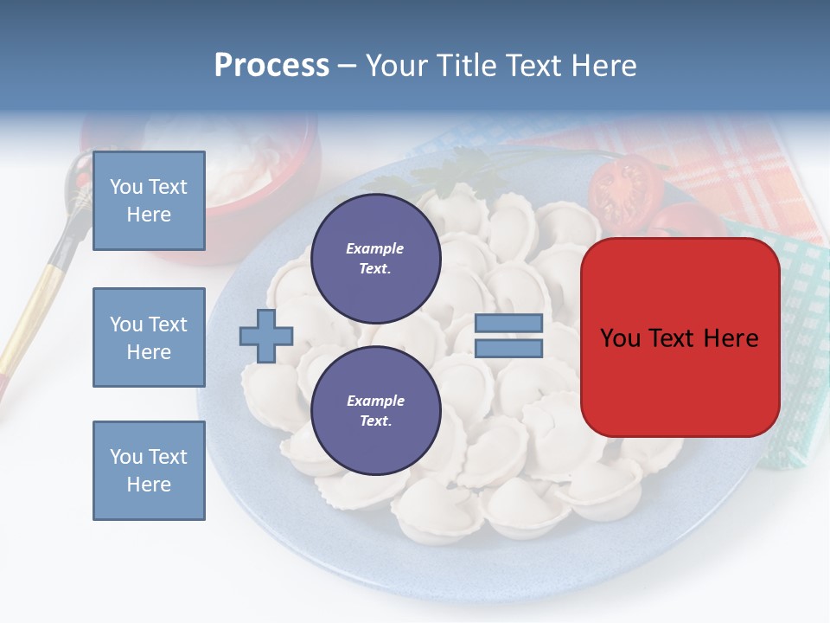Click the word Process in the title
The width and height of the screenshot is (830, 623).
pyautogui.click(x=271, y=66)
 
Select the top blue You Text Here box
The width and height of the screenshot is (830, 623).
pyautogui.click(x=149, y=201)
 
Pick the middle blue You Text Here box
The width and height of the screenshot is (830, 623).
pyautogui.click(x=149, y=337)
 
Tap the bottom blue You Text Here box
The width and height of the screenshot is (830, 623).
pyautogui.click(x=149, y=470)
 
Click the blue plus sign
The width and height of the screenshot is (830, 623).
pyautogui.click(x=266, y=337)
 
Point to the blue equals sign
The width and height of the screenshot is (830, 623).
pyautogui.click(x=508, y=337)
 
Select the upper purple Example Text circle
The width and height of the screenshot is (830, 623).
pyautogui.click(x=375, y=258)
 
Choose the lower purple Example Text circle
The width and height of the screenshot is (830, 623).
pyautogui.click(x=375, y=410)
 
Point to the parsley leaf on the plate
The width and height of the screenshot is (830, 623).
pyautogui.click(x=454, y=170)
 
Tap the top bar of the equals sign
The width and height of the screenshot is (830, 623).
pyautogui.click(x=508, y=324)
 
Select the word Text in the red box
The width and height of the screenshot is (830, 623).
pyautogui.click(x=678, y=338)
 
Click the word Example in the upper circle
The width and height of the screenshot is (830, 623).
pyautogui.click(x=375, y=248)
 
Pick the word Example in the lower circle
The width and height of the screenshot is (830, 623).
pyautogui.click(x=375, y=401)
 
